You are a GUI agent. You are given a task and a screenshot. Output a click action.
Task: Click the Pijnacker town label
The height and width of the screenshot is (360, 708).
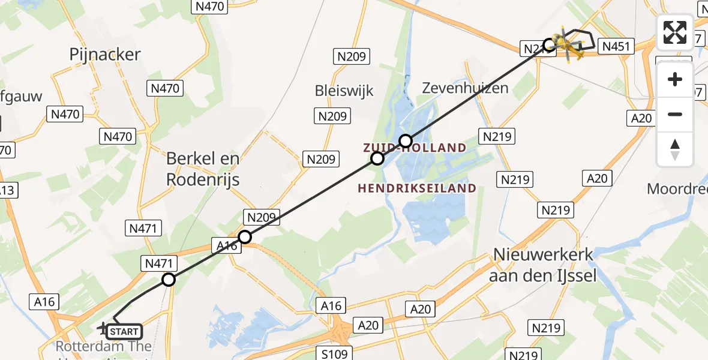point(105,55)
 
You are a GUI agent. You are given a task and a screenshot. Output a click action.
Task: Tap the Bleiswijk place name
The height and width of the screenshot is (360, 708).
point(344,91)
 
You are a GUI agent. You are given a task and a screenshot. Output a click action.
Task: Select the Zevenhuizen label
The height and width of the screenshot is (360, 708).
point(465,88)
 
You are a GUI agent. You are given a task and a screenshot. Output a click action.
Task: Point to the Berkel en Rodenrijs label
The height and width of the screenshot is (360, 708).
point(203,169)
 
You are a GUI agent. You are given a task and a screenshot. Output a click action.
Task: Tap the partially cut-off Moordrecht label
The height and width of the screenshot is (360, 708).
point(677,189)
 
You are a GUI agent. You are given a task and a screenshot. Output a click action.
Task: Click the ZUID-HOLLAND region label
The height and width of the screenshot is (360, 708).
point(414,148)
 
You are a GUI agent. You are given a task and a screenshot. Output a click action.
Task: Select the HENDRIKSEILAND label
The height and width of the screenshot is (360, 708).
point(417,188)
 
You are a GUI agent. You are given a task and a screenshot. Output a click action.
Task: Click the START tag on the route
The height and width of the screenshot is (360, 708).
point(125,331)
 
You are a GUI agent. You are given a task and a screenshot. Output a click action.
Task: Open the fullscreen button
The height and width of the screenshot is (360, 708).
point(675,32)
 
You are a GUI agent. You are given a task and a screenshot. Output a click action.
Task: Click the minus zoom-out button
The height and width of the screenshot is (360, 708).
point(675,114)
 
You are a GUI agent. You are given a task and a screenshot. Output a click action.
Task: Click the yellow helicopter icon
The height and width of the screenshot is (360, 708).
point(568,45)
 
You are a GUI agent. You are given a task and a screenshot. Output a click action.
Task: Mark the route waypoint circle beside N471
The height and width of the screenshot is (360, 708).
point(169,280)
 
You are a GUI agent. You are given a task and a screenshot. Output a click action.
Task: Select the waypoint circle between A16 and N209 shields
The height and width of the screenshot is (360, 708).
point(245,237)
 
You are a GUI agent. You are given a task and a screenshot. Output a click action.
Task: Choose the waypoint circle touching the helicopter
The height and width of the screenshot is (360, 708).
point(549,44)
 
